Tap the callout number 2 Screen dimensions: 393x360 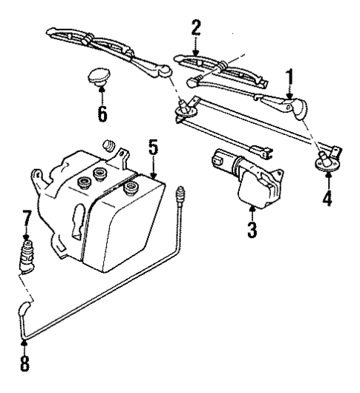coord(195,29)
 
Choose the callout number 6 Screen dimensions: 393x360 coord(102,113)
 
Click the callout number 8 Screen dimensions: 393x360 coord(26,365)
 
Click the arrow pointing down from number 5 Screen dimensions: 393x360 coord(152,167)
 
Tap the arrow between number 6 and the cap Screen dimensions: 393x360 coord(102,94)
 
